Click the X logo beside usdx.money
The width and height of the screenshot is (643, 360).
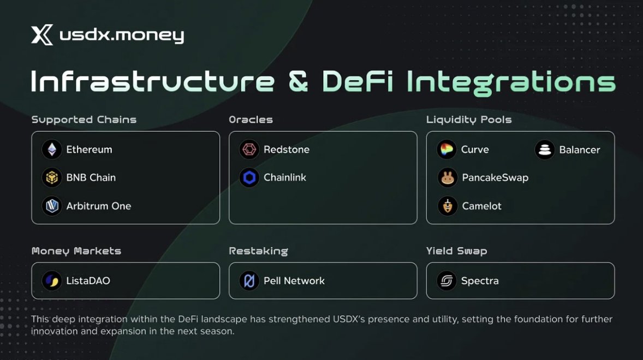42,34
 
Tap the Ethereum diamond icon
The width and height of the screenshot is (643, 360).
52,149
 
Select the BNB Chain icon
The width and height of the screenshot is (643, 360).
52,177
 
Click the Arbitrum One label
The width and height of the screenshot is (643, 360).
98,206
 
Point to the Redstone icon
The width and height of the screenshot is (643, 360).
249,149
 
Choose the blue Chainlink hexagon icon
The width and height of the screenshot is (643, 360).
249,177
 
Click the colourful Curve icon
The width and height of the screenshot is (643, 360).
446,149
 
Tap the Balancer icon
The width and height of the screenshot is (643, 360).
545,149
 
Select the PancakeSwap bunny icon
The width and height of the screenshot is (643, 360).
448,178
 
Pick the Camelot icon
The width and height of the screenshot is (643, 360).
448,206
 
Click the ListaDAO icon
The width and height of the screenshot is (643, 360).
52,280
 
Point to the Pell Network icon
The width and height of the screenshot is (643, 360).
249,280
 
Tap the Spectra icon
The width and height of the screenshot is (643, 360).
446,280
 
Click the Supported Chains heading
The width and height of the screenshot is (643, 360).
84,119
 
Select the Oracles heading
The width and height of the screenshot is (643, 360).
251,119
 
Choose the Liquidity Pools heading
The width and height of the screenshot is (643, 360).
469,119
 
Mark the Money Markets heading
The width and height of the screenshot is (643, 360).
76,251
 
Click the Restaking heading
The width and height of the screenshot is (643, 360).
258,251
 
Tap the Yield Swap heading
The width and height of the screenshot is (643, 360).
456,251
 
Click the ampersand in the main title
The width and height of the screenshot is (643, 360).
298,81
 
